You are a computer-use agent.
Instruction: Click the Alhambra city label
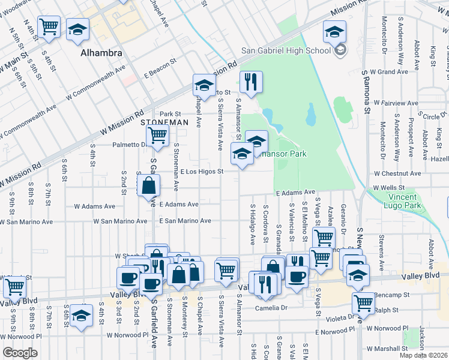click(102, 53)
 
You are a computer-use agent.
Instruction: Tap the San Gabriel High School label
click(286, 50)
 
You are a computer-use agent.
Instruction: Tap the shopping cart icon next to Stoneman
click(157, 135)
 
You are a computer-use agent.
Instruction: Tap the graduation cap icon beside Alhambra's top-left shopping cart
click(77, 29)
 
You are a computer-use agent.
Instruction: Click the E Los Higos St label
click(202, 172)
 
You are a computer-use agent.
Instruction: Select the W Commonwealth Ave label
click(96, 85)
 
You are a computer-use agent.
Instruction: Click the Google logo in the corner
click(19, 353)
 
